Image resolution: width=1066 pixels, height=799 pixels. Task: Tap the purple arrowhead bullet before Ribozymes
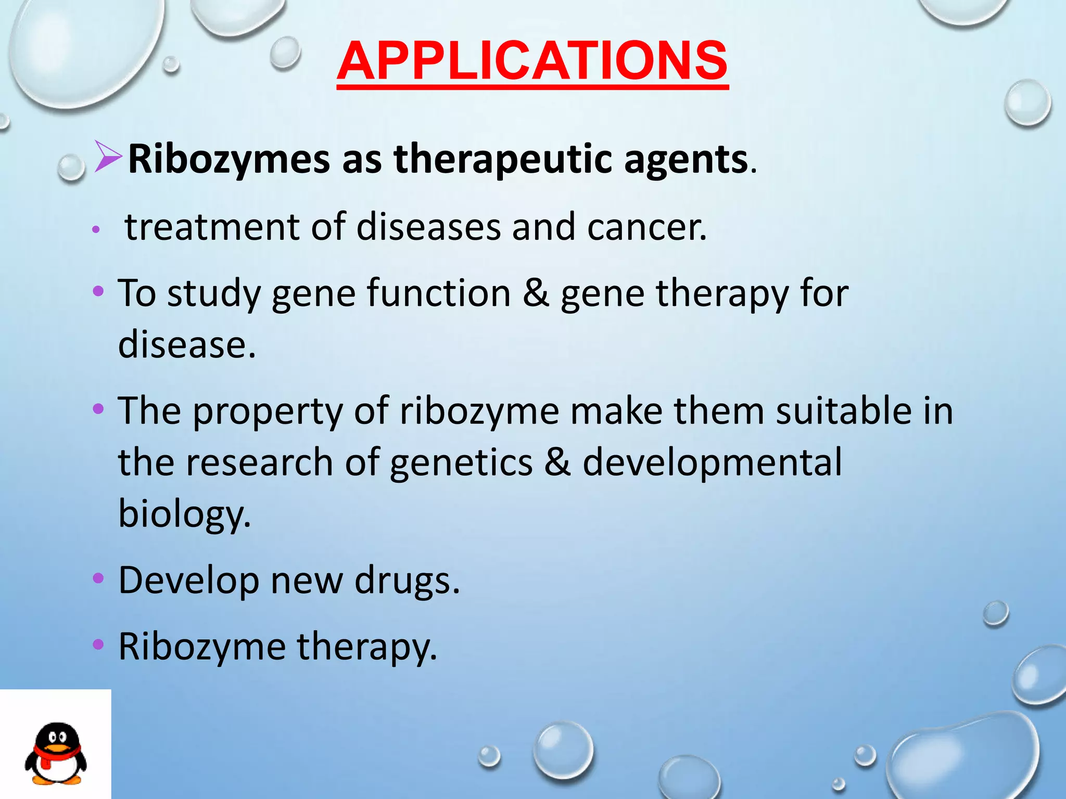(108, 157)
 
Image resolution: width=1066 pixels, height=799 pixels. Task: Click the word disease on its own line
(186, 344)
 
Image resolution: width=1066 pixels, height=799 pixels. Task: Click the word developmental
(712, 463)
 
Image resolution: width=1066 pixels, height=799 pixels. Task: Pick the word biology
(184, 514)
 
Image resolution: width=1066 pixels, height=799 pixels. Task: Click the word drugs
(407, 581)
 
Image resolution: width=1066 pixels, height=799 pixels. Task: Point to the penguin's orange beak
(56, 748)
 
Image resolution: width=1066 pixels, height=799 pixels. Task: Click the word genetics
(461, 463)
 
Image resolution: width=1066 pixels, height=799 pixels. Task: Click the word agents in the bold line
(686, 159)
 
